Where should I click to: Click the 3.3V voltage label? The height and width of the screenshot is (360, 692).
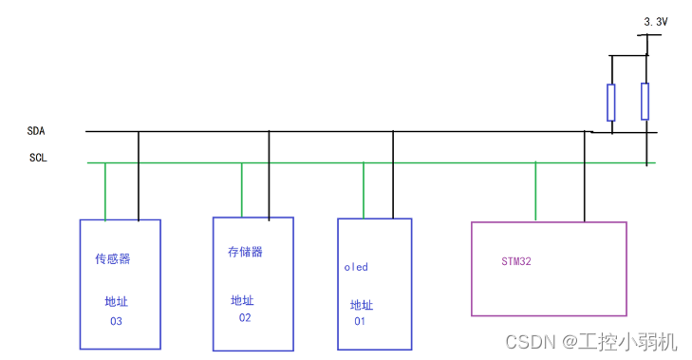click(655, 21)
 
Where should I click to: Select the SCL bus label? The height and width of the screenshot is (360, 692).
click(39, 158)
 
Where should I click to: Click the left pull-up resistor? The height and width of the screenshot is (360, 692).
click(610, 103)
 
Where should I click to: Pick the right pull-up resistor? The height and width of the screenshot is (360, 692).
click(645, 102)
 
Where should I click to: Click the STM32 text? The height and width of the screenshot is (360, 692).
click(517, 260)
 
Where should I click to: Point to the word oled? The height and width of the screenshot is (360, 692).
click(356, 267)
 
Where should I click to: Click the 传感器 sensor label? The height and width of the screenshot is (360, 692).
click(112, 258)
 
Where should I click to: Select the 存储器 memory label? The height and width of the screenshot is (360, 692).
click(245, 253)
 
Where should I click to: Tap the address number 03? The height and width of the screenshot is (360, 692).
click(116, 321)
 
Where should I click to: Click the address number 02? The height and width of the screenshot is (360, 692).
click(245, 317)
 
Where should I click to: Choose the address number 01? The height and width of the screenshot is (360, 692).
click(360, 321)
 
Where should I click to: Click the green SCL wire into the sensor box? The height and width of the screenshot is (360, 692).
click(105, 191)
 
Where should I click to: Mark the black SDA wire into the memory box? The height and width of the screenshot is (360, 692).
click(269, 176)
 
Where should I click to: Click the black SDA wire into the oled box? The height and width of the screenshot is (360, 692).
click(393, 176)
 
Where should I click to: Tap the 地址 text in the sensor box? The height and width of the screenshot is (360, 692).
click(116, 302)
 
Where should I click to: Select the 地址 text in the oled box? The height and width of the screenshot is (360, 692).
click(362, 305)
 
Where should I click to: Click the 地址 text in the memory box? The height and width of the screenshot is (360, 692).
click(242, 300)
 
